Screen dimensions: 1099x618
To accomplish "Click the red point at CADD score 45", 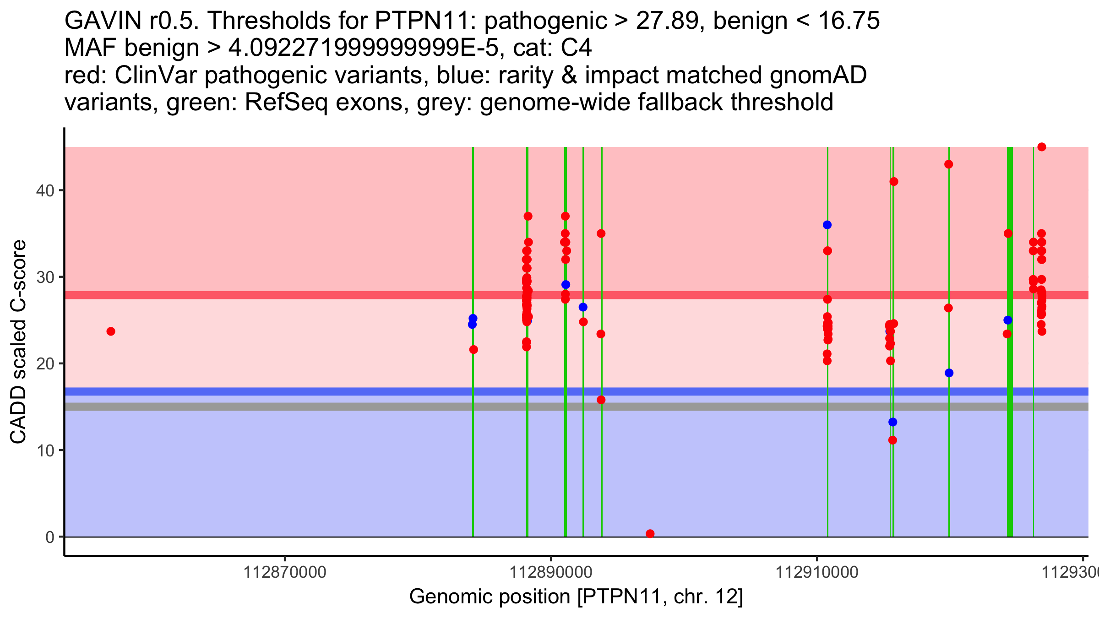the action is (1042, 147).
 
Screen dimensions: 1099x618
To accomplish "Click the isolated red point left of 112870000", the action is (111, 331).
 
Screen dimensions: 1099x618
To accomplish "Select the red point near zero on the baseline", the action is (650, 534).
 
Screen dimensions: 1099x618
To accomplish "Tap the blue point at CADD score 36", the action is (827, 225).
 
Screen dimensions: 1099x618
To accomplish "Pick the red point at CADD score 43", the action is (949, 164).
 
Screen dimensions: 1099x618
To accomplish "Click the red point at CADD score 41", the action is (894, 182).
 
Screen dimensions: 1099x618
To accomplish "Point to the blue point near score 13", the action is (893, 422).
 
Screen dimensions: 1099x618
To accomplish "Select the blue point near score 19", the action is (949, 373).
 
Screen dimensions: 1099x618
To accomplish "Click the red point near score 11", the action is (892, 440).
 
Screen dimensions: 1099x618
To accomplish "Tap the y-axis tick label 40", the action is (45, 190).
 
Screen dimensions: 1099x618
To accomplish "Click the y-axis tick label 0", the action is (50, 537).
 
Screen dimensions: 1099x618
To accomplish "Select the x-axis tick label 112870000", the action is (285, 572).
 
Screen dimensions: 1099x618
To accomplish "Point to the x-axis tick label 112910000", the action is (817, 572).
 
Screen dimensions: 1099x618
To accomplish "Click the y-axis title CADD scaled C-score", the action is (18, 342).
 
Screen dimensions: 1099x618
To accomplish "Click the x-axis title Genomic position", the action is (576, 597).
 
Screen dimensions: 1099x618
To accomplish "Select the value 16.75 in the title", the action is (849, 21).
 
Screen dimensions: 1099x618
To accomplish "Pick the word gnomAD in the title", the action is (818, 75).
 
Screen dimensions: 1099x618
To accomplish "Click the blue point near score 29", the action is (566, 285).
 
